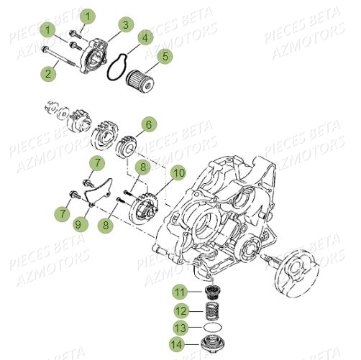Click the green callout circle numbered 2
coord(50,72)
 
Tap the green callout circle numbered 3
coord(125,25)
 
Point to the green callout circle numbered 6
coord(148,124)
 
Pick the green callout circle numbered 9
coord(78,224)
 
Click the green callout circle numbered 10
coord(178,172)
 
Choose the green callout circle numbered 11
coord(177,292)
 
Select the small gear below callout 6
coord(127,152)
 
